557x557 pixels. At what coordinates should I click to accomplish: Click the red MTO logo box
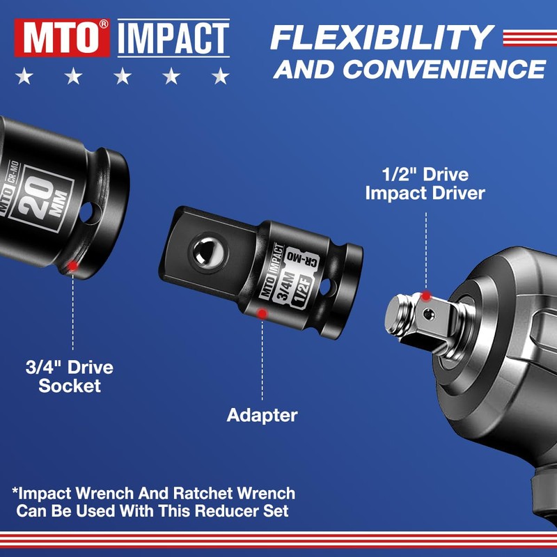point(63,38)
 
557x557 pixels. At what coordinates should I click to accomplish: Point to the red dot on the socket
point(73,265)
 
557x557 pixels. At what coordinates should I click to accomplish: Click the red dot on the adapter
point(262,314)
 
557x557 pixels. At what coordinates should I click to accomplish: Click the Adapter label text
point(262,416)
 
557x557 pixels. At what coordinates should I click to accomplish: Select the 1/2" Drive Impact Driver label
point(425,184)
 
